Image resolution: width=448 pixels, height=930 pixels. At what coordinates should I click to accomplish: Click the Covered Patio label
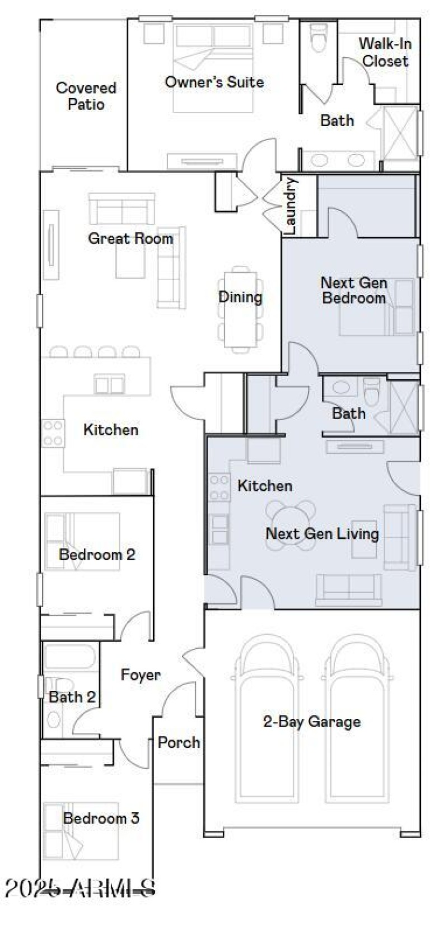[x=86, y=96]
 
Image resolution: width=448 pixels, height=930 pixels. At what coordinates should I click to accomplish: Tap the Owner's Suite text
[x=214, y=82]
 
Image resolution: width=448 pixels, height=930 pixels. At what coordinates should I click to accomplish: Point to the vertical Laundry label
[x=290, y=205]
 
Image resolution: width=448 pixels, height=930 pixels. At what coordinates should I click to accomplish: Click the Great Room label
[x=130, y=238]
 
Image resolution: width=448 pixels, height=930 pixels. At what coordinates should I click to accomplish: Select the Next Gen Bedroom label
[x=353, y=290]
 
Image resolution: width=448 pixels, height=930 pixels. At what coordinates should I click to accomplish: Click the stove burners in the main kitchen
[x=53, y=433]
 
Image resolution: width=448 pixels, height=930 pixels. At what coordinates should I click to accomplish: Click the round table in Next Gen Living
[x=291, y=519]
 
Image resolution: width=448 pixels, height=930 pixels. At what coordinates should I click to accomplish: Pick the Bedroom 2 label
[x=97, y=555]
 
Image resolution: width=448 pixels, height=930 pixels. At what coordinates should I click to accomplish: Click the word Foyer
[x=141, y=675]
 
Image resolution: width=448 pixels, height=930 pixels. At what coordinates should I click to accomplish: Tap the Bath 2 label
[x=72, y=697]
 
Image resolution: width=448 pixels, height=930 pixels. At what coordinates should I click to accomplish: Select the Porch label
[x=179, y=742]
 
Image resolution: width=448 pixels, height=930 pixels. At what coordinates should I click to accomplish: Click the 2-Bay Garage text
[x=311, y=721]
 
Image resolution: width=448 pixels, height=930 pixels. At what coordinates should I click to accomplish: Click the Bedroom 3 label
[x=101, y=818]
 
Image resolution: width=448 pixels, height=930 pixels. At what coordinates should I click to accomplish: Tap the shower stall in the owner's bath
[x=399, y=131]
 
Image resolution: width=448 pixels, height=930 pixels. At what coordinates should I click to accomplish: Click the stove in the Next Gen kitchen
[x=219, y=487]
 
